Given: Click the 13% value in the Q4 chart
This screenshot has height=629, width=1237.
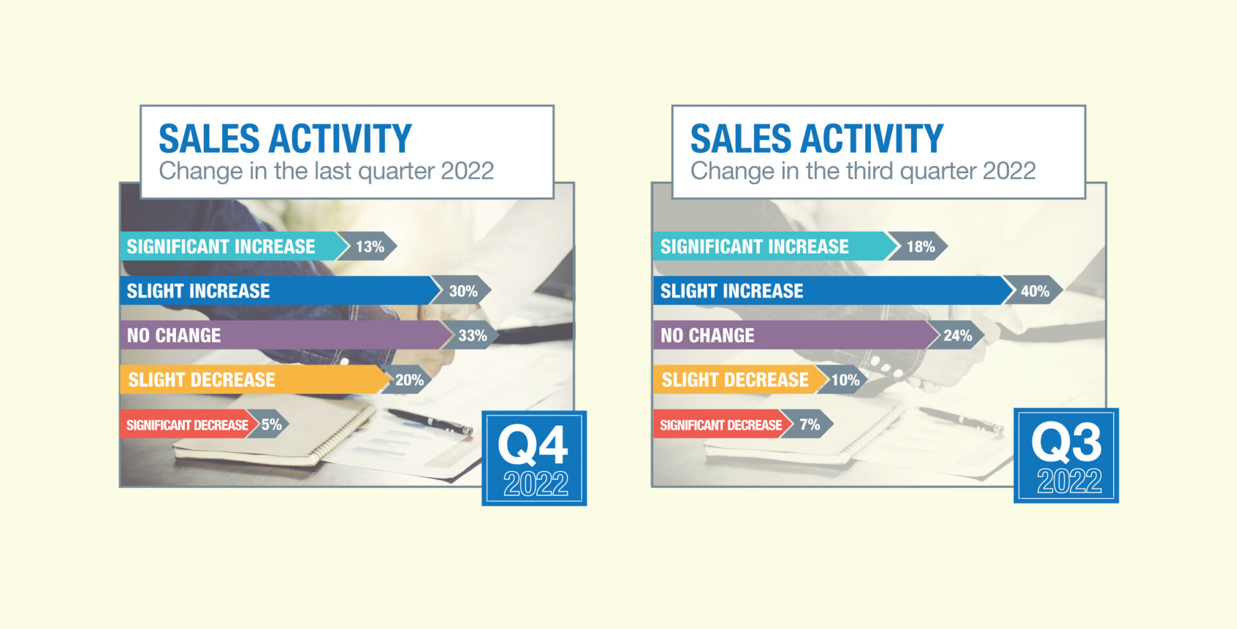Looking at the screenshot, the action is coord(370,247).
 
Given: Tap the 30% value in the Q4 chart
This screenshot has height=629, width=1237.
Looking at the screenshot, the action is coord(463,291).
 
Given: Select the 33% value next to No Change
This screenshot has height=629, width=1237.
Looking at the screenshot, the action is coord(472,335).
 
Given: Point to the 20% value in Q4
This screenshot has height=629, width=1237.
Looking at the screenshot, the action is coord(409,380).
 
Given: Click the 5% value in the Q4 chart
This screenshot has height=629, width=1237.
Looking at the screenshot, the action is coord(271,424).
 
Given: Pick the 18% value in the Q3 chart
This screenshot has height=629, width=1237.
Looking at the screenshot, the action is coord(921,247).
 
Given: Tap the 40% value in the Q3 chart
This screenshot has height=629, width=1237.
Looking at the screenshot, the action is coord(1035,291).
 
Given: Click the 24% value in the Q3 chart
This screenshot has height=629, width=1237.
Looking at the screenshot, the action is coord(957,335).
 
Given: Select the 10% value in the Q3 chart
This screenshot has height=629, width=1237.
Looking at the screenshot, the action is coord(845,380).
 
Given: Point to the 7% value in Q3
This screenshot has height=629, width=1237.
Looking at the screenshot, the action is coord(810,424).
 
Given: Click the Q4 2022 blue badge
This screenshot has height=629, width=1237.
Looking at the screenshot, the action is coord(534,458).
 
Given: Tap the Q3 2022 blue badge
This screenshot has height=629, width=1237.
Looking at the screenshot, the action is coord(1066,455).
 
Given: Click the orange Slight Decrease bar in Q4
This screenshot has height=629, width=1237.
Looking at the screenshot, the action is coord(254,380).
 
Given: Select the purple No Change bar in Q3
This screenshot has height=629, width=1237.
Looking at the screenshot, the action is coord(796,335).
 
